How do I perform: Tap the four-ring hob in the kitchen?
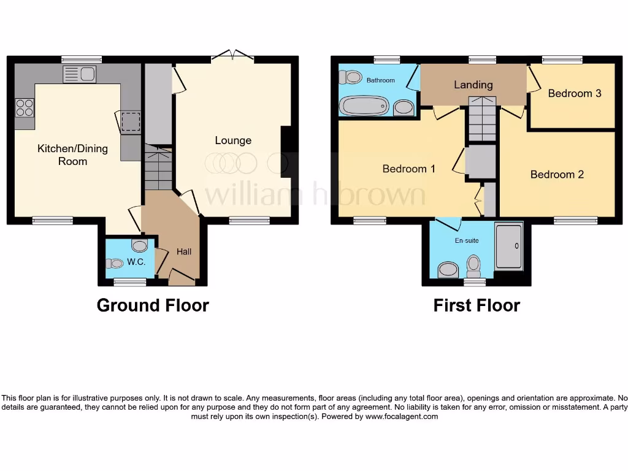pos(25,108)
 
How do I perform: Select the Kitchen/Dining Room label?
pos(72,155)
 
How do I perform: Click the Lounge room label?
pos(233,140)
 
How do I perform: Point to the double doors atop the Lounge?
pos(232,57)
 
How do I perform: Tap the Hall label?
pos(184,251)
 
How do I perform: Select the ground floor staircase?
pos(158,168)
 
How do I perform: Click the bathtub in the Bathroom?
pos(366,107)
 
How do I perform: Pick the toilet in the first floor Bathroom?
pos(351,77)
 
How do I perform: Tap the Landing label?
pos(473,85)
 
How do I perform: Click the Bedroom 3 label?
pos(574,93)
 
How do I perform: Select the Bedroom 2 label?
pos(557,174)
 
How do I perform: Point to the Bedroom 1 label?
pos(408,168)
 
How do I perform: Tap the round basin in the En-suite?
pos(448,270)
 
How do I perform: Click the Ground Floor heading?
pos(153,305)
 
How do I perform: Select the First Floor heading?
pos(477,305)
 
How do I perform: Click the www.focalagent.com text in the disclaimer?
pos(402,416)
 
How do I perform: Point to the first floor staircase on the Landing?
pos(481,119)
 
